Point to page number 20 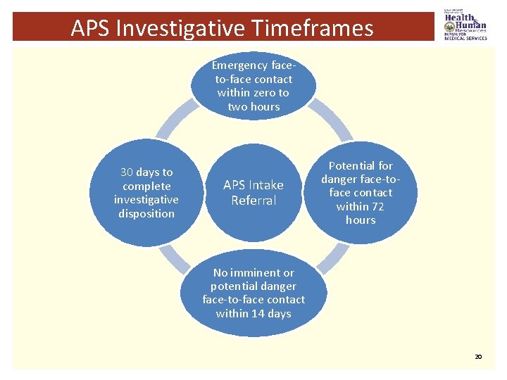pyautogui.click(x=478, y=357)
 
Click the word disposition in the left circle pyautogui.click(x=146, y=213)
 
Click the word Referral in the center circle pyautogui.click(x=254, y=201)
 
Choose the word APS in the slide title pyautogui.click(x=90, y=28)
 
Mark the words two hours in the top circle pyautogui.click(x=254, y=106)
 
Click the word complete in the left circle pyautogui.click(x=146, y=186)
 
